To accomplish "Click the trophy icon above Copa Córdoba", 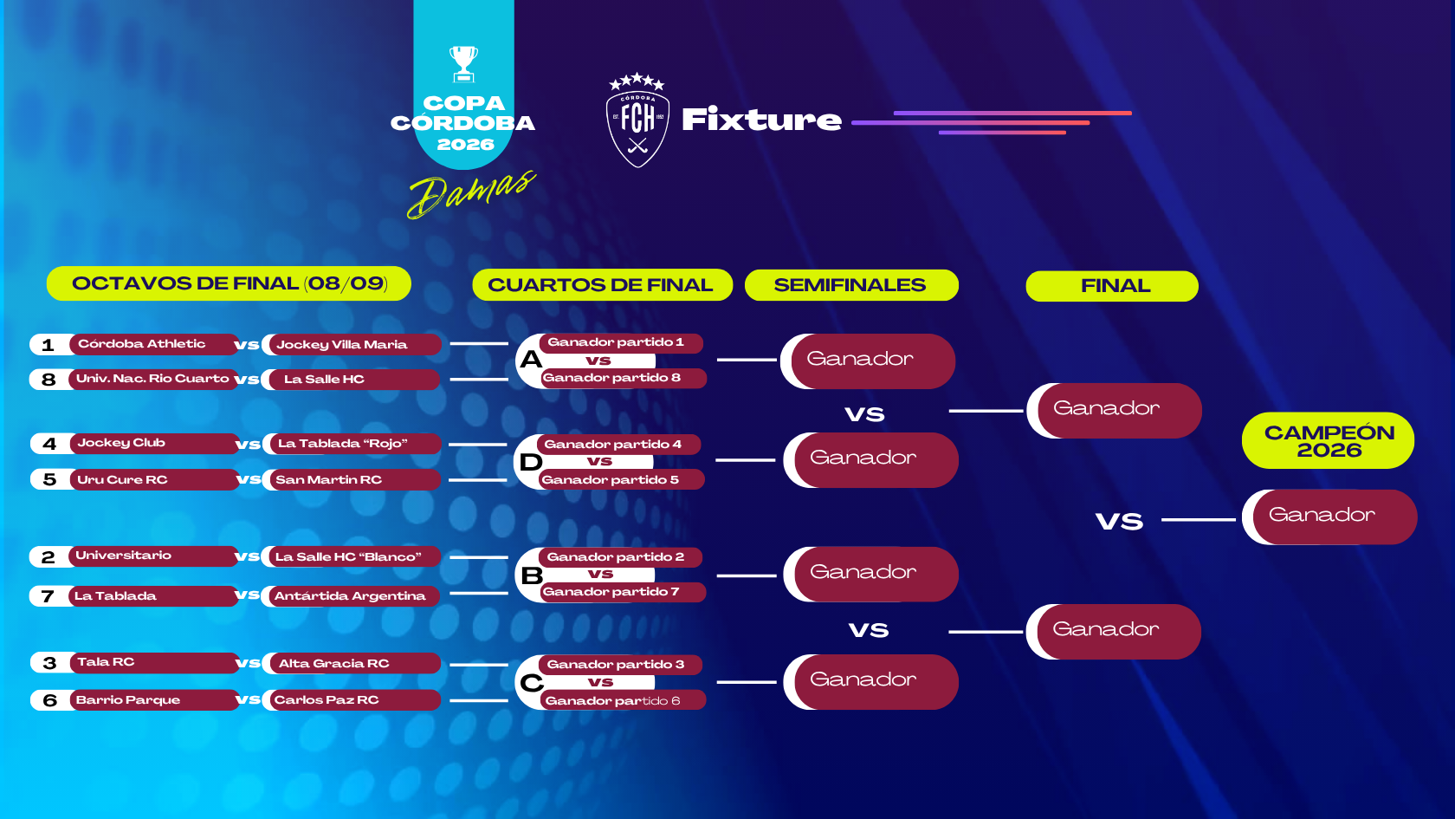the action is (464, 64).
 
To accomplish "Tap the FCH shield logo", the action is (637, 120).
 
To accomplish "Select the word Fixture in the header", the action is (761, 120).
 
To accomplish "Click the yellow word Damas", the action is (472, 194).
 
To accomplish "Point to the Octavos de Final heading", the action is (229, 283).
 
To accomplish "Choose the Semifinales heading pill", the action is (850, 285).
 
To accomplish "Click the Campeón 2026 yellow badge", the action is (1329, 440).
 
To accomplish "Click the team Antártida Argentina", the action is (351, 596).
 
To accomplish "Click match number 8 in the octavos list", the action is (48, 380).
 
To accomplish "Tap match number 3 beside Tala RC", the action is (50, 663).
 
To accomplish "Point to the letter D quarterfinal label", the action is (531, 462).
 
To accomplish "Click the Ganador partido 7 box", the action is (623, 592).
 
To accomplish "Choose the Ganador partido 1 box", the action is (621, 342).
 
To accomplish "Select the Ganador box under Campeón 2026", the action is (1329, 517).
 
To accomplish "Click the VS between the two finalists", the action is (1119, 522).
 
